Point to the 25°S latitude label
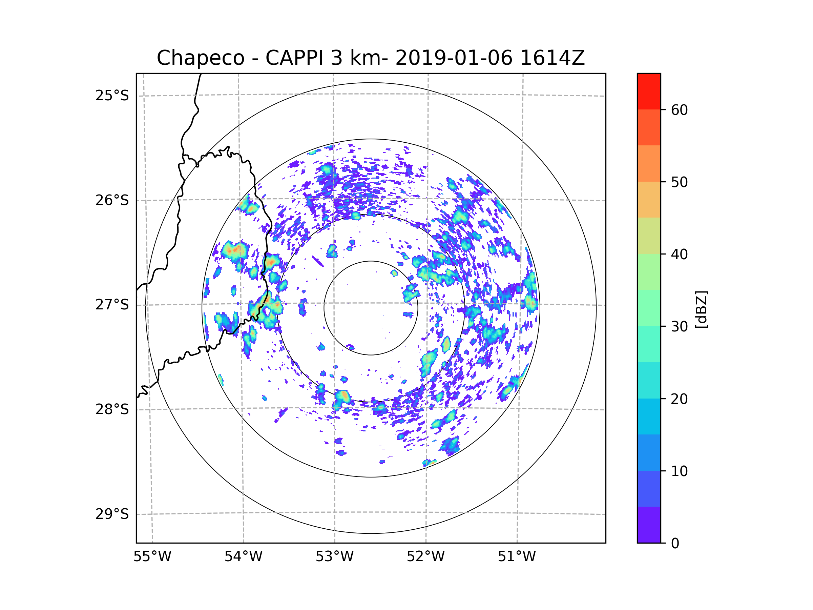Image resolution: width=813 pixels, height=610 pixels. point(112,96)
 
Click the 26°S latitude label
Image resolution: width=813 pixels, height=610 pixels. point(112,200)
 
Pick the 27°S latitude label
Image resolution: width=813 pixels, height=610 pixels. point(112,305)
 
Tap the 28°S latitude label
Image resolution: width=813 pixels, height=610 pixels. point(112,409)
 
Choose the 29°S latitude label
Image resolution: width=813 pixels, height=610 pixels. point(112,514)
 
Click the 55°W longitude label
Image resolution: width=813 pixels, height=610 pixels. point(152,557)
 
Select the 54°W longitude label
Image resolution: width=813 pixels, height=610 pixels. point(243,557)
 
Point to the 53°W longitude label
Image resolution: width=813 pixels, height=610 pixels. point(334,557)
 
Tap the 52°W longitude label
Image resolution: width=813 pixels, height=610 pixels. point(425,557)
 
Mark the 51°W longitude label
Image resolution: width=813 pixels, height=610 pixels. point(517,557)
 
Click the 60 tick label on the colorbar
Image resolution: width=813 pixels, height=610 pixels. point(679,110)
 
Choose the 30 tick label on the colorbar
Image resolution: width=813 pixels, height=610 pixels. point(679,326)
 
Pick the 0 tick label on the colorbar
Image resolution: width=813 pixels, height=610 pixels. point(675,544)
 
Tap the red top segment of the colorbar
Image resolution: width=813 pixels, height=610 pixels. point(649,91)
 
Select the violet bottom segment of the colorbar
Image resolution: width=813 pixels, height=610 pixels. point(649,525)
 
